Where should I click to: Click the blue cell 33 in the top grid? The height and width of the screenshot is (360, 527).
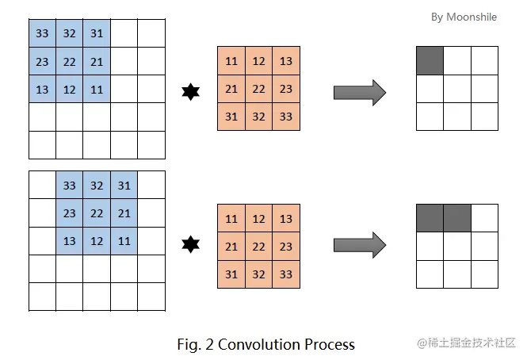click(42, 33)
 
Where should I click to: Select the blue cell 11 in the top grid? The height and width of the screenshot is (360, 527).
click(96, 89)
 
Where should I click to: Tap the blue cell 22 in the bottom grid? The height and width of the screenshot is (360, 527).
click(96, 213)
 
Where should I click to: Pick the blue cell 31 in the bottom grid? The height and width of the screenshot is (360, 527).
click(124, 186)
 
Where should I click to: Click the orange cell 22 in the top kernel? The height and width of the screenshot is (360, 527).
click(258, 88)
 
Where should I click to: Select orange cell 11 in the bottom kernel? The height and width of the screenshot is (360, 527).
click(231, 219)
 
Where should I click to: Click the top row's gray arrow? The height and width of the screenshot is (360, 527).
click(359, 92)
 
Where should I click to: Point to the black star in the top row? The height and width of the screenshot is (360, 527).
click(190, 93)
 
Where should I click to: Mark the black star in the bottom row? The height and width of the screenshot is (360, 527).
click(190, 243)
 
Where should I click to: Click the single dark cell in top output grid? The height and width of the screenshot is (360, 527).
click(430, 60)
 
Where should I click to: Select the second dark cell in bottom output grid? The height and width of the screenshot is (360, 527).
click(457, 217)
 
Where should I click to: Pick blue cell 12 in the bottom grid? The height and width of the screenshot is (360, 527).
click(96, 240)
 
